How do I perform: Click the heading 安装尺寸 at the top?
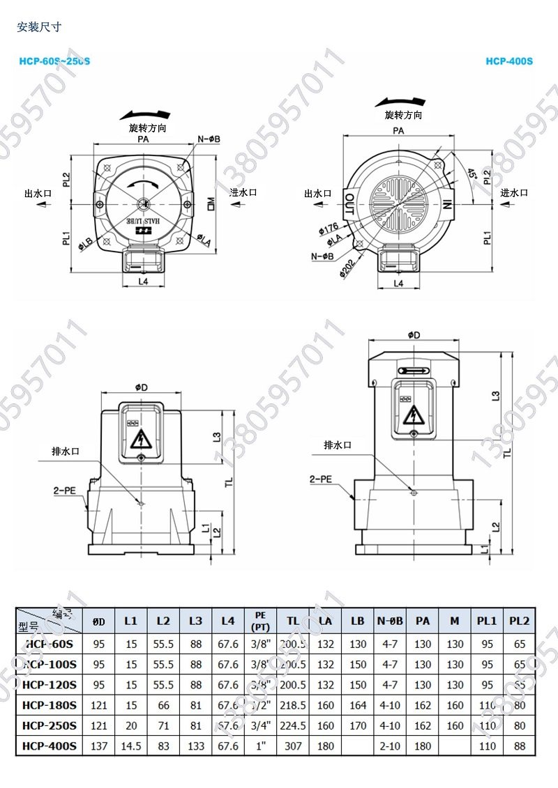click(x=39, y=28)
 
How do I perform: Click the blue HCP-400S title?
click(x=509, y=61)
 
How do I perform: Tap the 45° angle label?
click(x=472, y=173)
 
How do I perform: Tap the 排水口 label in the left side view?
click(x=66, y=451)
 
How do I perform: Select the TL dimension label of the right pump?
click(x=507, y=452)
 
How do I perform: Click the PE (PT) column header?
click(x=261, y=620)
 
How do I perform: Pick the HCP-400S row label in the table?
click(x=50, y=745)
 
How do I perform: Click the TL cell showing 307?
click(x=293, y=745)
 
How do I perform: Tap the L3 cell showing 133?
click(x=196, y=745)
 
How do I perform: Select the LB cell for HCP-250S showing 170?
click(x=358, y=725)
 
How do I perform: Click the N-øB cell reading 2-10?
click(x=390, y=745)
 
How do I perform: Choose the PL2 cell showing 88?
click(x=520, y=745)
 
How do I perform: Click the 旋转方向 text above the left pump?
click(x=148, y=129)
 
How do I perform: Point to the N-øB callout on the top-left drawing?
click(x=209, y=139)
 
